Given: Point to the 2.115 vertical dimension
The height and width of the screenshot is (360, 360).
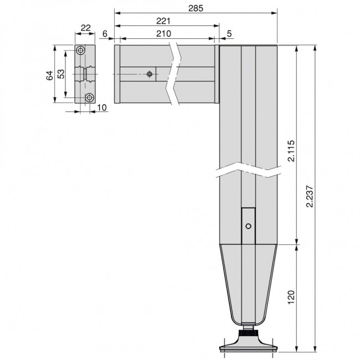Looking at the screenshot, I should click(291, 150).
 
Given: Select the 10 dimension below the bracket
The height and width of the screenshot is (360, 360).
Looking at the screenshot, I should click(101, 106).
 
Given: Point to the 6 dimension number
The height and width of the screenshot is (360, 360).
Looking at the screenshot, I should click(105, 34).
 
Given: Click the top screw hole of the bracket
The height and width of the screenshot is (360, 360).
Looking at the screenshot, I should click(82, 50).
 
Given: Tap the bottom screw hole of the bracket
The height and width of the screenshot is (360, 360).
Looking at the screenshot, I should click(89, 98).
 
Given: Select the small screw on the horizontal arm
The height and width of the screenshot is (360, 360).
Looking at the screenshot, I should click(150, 74).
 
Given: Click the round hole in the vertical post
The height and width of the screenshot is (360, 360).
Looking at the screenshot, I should click(248, 226).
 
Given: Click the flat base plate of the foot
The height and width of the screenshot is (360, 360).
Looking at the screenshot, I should click(248, 347).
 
